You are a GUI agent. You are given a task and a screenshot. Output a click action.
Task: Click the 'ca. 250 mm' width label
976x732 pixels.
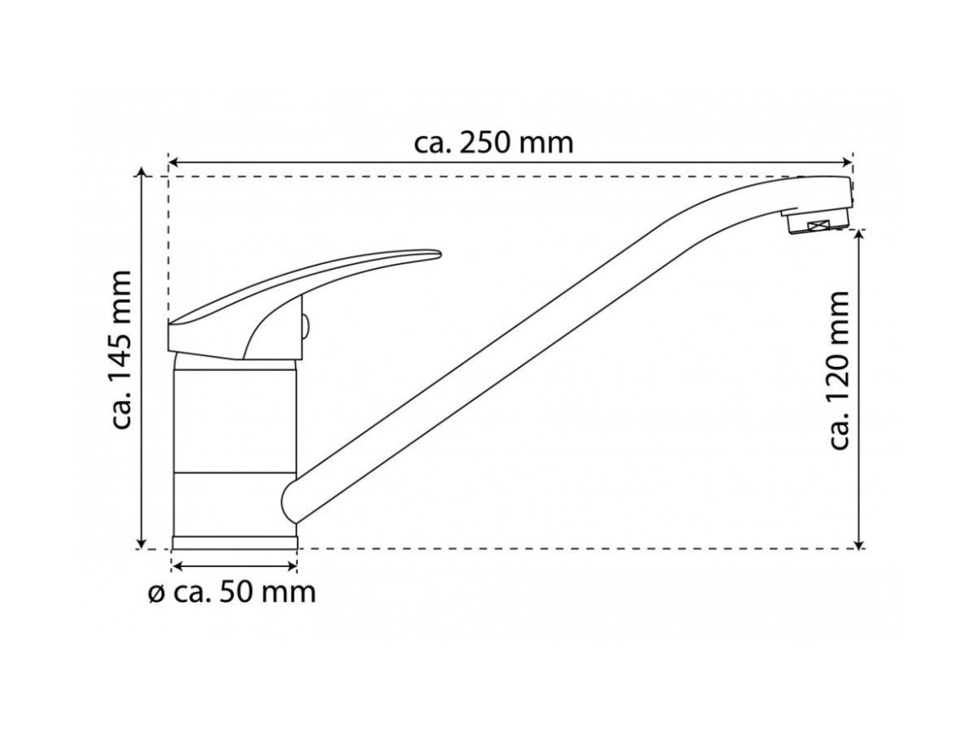click(x=493, y=143)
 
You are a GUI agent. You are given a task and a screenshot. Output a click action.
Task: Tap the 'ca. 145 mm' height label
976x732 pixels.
click(x=121, y=349)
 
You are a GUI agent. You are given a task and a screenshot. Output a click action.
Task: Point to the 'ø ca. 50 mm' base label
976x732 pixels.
click(x=232, y=593)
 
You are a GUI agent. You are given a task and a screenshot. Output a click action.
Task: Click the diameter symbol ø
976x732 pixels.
click(x=156, y=594)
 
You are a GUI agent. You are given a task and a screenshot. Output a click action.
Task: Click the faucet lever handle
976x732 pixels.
click(x=293, y=305)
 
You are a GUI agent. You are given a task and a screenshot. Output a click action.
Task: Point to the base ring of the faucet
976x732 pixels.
click(x=234, y=542)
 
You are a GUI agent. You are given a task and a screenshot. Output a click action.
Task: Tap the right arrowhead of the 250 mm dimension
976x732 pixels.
click(x=847, y=163)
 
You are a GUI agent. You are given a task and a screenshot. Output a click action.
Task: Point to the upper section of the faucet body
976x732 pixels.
click(x=234, y=420)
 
